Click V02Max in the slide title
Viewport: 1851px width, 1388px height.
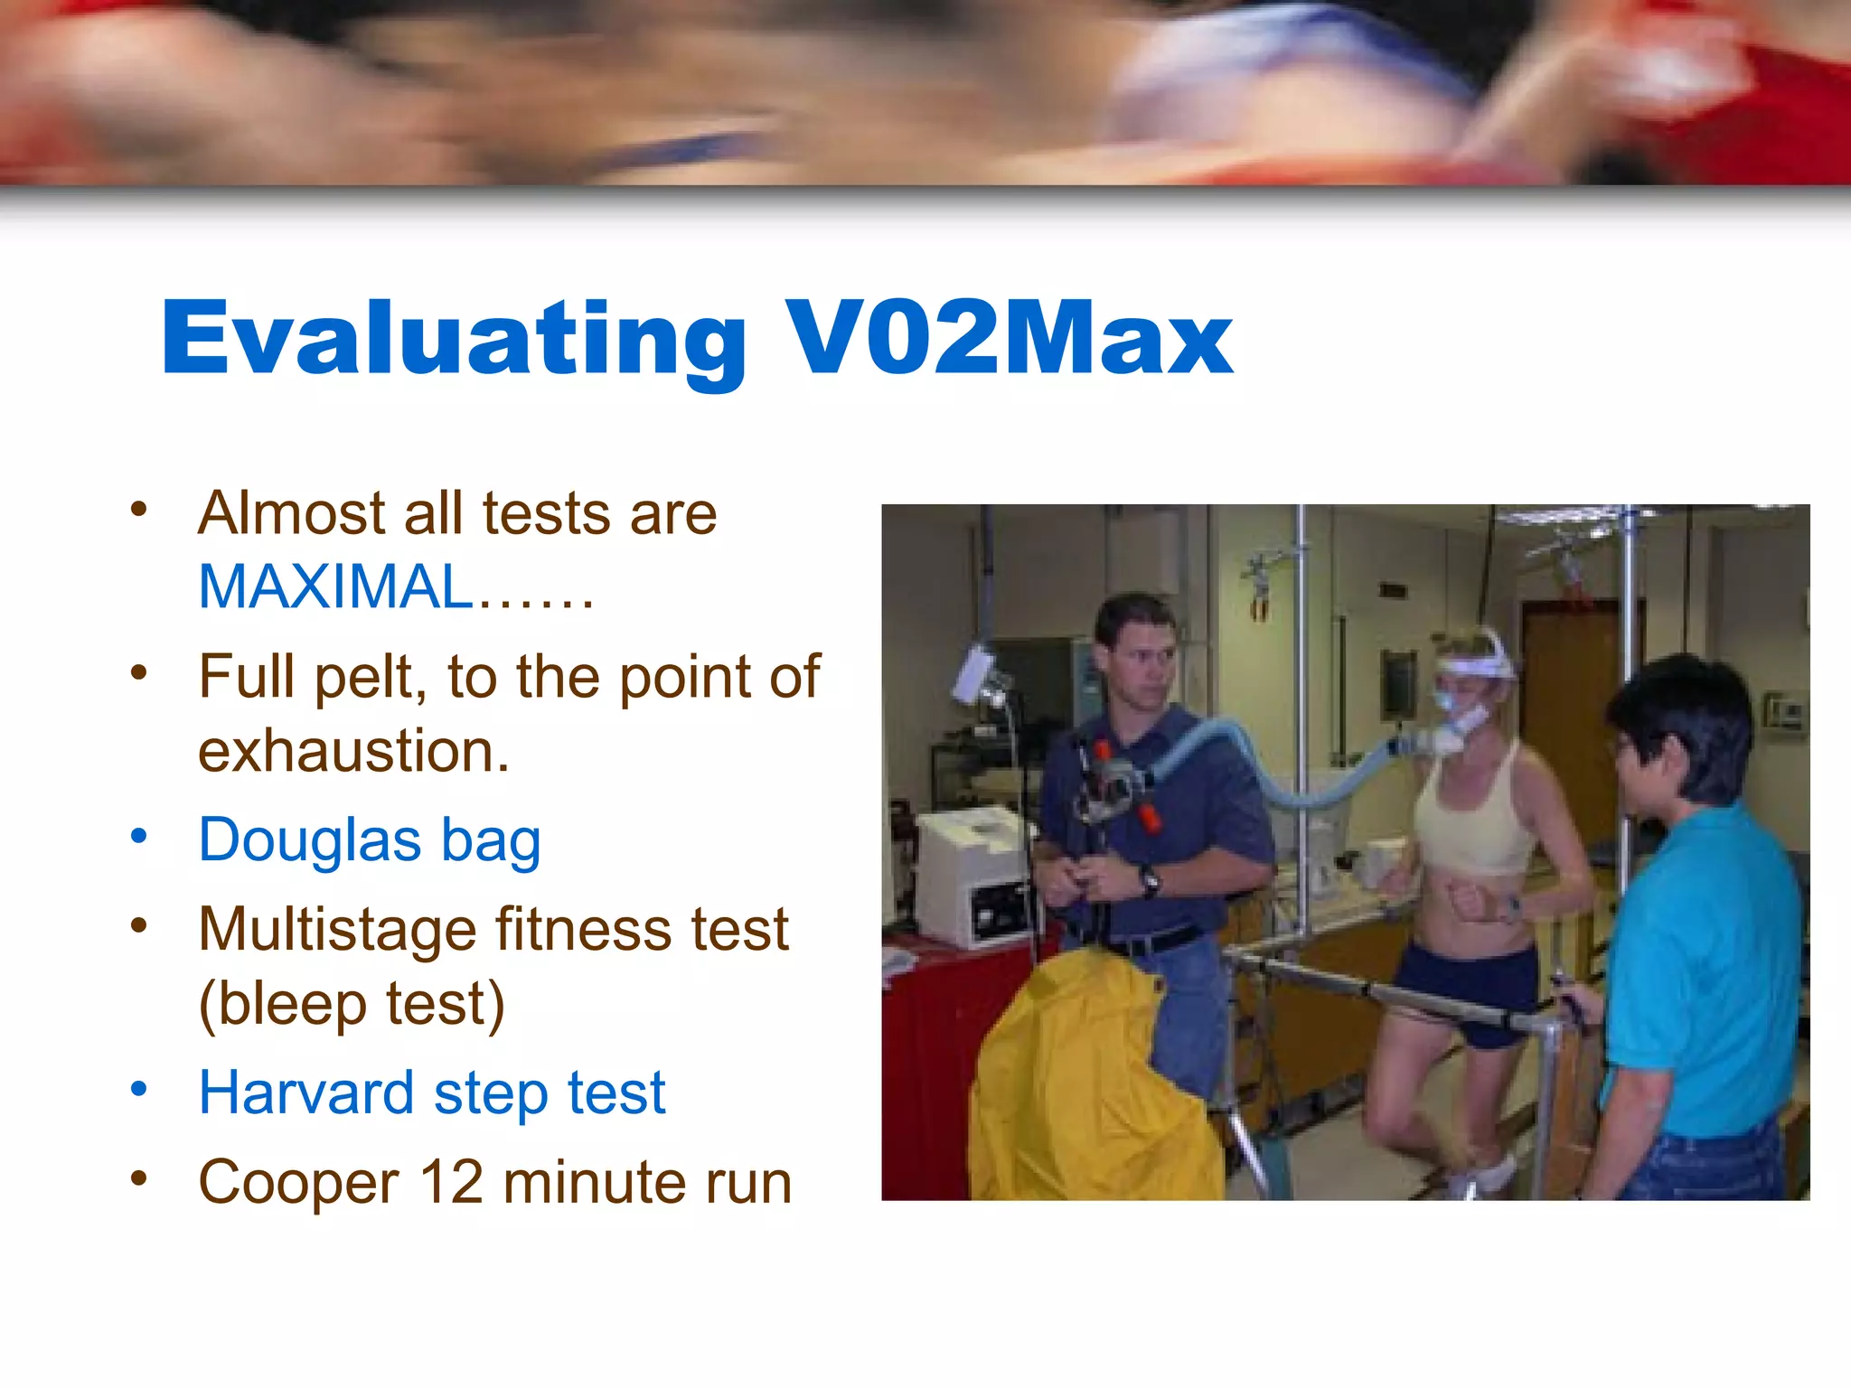1008,336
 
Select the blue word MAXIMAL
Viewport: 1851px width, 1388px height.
335,587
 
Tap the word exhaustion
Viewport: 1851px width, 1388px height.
353,751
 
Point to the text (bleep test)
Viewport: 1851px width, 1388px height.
352,1004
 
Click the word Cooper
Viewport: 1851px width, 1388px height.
298,1183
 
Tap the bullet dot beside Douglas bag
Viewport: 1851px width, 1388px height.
138,836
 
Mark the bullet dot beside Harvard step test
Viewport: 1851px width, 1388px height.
138,1089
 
